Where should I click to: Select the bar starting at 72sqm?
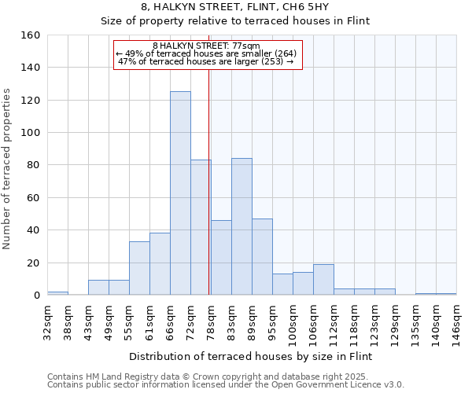pyautogui.click(x=201, y=227)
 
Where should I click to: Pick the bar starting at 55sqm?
pyautogui.click(x=139, y=268)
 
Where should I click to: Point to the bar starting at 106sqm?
pyautogui.click(x=323, y=279)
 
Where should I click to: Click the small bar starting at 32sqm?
pyautogui.click(x=57, y=293)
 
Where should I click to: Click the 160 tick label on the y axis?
pyautogui.click(x=31, y=35)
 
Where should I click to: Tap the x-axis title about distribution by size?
pyautogui.click(x=250, y=356)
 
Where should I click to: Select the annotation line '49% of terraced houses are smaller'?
pyautogui.click(x=207, y=53)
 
